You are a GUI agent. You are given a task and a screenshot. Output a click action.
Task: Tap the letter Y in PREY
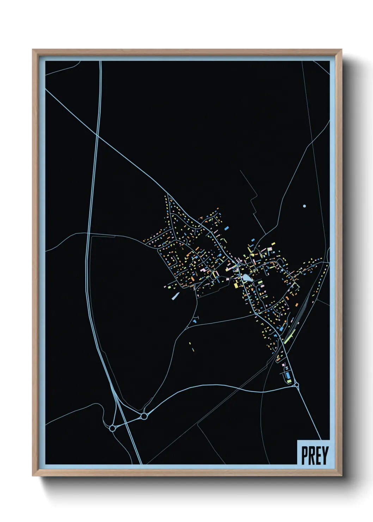[x=325, y=455]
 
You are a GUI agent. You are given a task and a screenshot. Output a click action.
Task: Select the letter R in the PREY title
[x=311, y=455]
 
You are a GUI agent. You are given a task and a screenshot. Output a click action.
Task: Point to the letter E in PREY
[x=318, y=455]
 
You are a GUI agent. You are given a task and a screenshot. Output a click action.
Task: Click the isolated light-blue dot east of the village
[x=304, y=206]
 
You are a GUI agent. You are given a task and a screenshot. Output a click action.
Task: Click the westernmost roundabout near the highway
[x=112, y=428]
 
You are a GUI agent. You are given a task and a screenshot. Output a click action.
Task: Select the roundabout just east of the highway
[x=144, y=417]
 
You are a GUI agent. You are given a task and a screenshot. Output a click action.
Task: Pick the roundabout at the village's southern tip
[x=296, y=385]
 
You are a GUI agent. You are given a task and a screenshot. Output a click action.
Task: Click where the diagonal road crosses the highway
[x=96, y=134]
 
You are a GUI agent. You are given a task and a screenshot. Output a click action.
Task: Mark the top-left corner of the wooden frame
[x=33, y=50]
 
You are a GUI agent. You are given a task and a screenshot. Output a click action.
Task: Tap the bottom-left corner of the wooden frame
[x=33, y=476]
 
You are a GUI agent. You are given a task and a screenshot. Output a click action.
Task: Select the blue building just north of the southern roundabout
[x=288, y=375]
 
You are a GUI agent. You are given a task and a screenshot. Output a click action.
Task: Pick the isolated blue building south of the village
[x=194, y=321]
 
